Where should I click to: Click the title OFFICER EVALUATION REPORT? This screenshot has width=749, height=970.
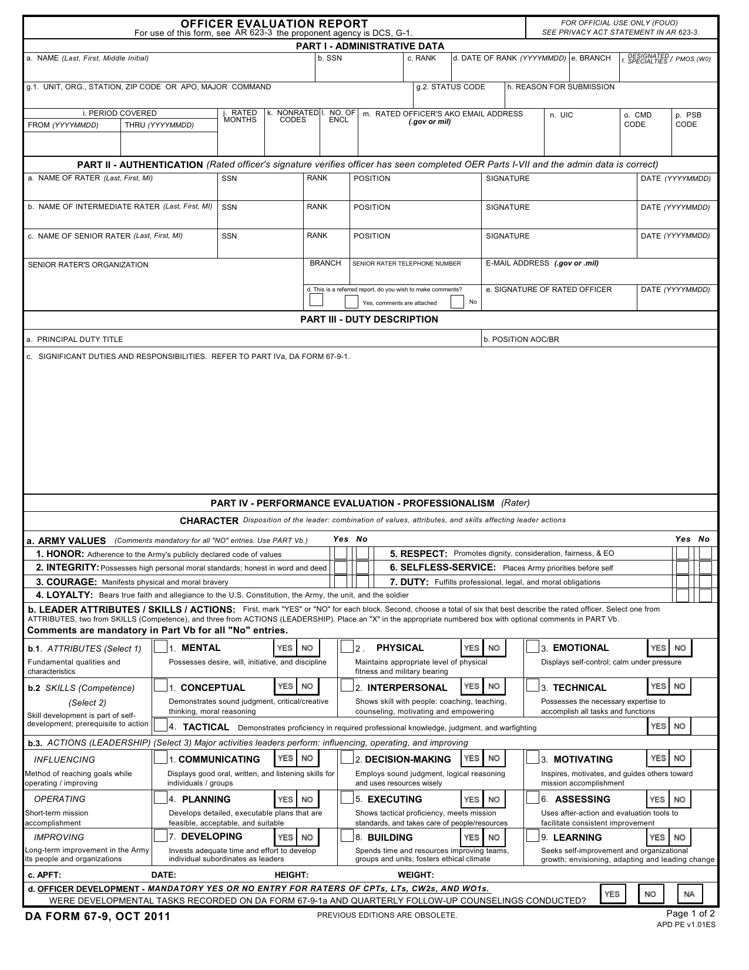274,24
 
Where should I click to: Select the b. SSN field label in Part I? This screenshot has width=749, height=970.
330,58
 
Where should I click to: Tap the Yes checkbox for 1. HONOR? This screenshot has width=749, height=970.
340,553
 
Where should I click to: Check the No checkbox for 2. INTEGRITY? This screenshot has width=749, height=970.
362,568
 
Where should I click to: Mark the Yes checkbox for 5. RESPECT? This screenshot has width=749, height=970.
682,553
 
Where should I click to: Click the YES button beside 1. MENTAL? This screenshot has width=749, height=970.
285,648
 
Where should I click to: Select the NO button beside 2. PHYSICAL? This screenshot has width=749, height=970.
494,648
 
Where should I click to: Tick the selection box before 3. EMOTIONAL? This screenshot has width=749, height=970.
532,647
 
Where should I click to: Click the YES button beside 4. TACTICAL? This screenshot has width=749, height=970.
658,726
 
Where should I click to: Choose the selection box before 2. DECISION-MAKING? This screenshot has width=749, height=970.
347,758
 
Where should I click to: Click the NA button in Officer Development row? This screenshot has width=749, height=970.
689,894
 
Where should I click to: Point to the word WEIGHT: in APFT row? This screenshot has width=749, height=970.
416,875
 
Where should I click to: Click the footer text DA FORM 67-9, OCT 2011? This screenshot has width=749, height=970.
98,917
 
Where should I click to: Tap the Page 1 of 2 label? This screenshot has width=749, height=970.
690,914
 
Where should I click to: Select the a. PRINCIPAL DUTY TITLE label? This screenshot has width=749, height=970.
75,340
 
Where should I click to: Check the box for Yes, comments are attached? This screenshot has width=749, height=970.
351,302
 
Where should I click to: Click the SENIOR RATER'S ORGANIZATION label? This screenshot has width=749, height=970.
88,265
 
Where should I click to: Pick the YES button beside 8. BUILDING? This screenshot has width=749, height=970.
472,838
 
